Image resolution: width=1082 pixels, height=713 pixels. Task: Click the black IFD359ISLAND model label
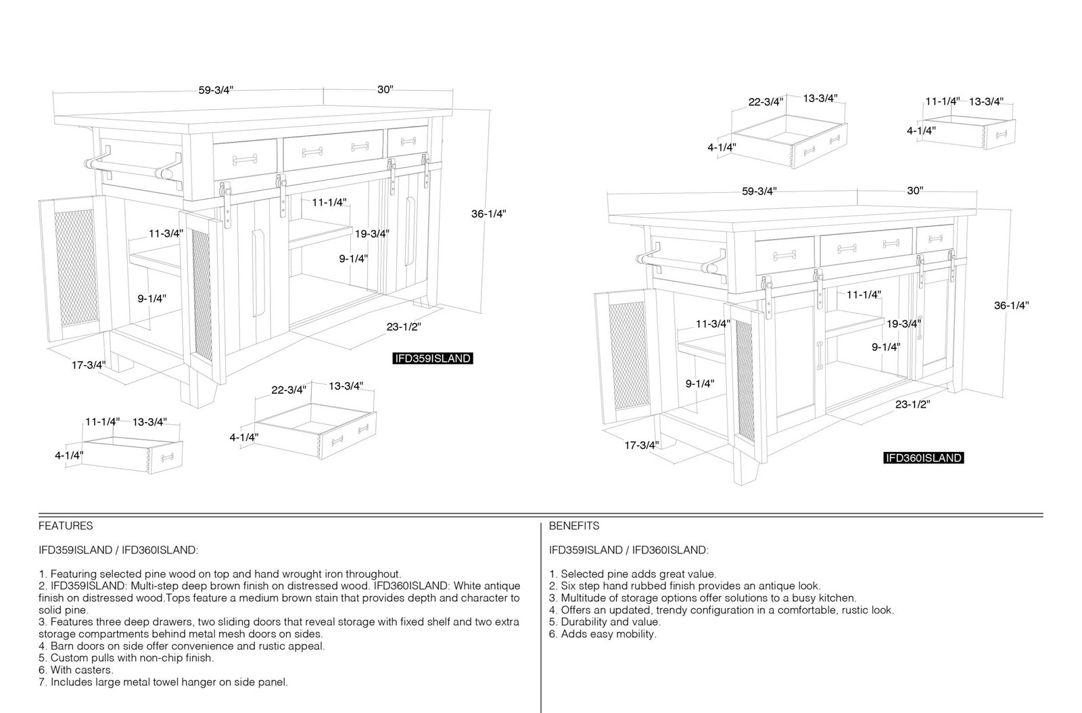[432, 359]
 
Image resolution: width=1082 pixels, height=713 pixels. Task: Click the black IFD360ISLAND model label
[924, 458]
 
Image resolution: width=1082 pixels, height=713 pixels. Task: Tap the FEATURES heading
[66, 526]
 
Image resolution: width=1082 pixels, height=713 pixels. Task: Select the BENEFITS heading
[574, 526]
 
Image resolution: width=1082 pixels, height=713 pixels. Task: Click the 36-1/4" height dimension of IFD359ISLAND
[489, 214]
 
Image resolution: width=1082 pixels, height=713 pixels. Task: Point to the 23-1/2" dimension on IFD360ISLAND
[912, 405]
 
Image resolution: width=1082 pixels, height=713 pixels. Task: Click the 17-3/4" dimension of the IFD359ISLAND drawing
[89, 365]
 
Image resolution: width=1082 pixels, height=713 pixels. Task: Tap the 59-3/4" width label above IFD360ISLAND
[759, 191]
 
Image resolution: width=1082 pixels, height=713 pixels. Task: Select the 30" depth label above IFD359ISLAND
[385, 89]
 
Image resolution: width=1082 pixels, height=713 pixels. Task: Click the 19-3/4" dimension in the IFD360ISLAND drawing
[903, 323]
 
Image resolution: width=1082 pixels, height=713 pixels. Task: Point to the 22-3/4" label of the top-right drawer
[766, 102]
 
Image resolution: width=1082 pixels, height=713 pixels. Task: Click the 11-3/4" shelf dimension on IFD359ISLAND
[166, 234]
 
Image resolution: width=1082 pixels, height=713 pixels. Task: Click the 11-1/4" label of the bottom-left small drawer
[102, 421]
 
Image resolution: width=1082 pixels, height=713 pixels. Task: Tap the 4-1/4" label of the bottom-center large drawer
[244, 437]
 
